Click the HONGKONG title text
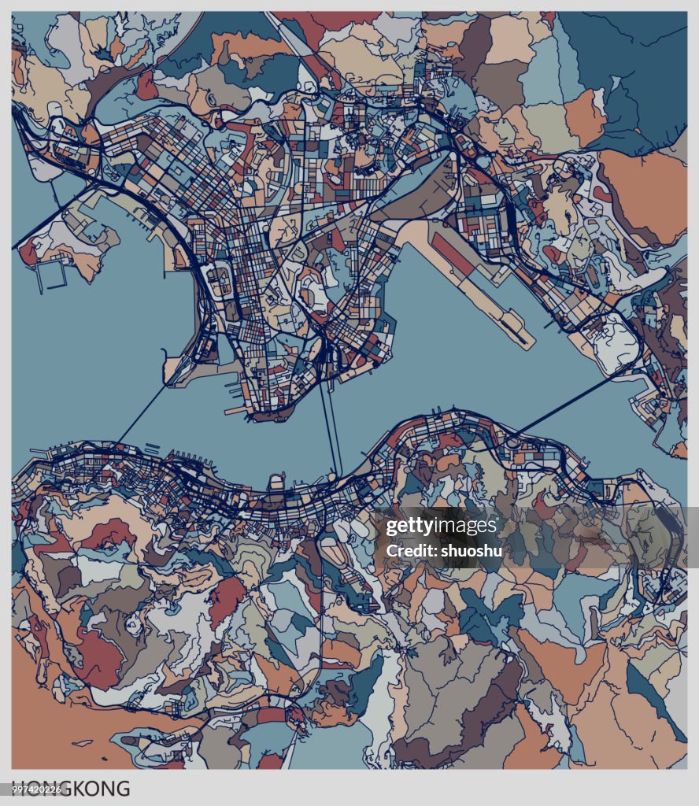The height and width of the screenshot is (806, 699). click(x=72, y=788)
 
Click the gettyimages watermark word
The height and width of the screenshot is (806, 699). click(x=441, y=527)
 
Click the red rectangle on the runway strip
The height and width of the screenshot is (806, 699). click(x=453, y=254)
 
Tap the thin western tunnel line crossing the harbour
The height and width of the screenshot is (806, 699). click(x=142, y=413)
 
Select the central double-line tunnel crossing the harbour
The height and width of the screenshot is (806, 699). click(x=329, y=433)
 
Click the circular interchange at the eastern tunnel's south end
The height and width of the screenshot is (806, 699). click(x=513, y=443)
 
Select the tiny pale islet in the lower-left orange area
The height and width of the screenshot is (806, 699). click(x=81, y=742)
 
